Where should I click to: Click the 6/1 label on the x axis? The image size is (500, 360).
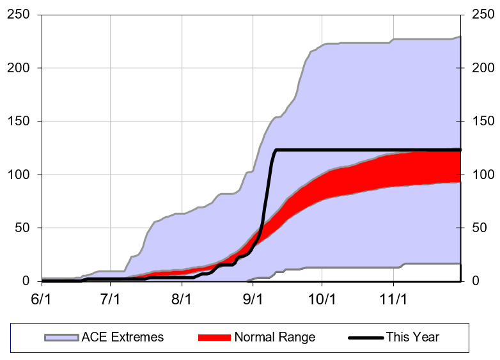[42, 299]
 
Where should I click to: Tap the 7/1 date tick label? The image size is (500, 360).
[111, 299]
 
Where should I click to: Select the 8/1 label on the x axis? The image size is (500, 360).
[182, 299]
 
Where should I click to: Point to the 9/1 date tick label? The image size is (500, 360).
[253, 299]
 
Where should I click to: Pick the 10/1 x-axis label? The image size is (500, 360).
[322, 299]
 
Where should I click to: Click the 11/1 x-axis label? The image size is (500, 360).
[393, 299]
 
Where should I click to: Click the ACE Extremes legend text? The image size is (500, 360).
[123, 337]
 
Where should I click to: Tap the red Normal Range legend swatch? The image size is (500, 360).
[214, 337]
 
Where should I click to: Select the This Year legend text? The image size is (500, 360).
[412, 337]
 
